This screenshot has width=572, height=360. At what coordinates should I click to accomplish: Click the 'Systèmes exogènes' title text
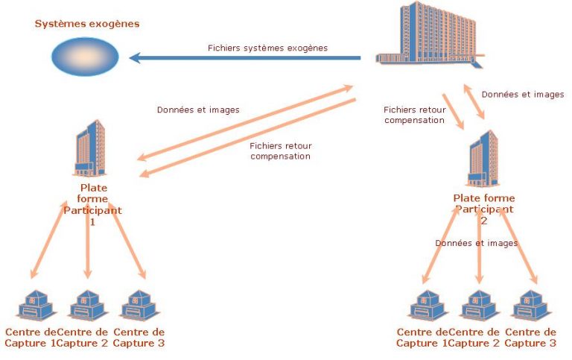pyautogui.click(x=87, y=24)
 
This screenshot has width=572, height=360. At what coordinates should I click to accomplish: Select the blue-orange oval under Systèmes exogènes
pyautogui.click(x=86, y=57)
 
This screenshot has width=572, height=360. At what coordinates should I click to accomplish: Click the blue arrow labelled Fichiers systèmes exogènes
pyautogui.click(x=246, y=57)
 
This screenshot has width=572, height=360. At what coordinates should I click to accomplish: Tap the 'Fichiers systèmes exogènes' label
pyautogui.click(x=267, y=48)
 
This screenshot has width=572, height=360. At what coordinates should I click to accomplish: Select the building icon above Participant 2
pyautogui.click(x=483, y=158)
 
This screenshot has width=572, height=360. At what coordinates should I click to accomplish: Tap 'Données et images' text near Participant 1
pyautogui.click(x=198, y=110)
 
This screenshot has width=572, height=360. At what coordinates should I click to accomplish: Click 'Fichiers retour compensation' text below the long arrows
pyautogui.click(x=280, y=151)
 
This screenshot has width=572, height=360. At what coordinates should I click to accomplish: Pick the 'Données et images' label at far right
pyautogui.click(x=523, y=95)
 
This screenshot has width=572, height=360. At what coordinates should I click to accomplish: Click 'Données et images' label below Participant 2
pyautogui.click(x=476, y=243)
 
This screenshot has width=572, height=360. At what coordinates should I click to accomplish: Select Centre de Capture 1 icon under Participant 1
pyautogui.click(x=34, y=306)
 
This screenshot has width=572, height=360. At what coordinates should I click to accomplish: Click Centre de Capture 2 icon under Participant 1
pyautogui.click(x=87, y=306)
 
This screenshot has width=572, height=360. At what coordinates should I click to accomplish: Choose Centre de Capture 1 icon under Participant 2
pyautogui.click(x=428, y=306)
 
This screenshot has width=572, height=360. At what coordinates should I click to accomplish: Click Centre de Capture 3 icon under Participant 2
pyautogui.click(x=532, y=306)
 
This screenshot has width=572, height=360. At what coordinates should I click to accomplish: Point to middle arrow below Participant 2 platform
pyautogui.click(x=479, y=253)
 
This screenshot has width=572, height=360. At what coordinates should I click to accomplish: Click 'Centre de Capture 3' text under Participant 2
pyautogui.click(x=530, y=338)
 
